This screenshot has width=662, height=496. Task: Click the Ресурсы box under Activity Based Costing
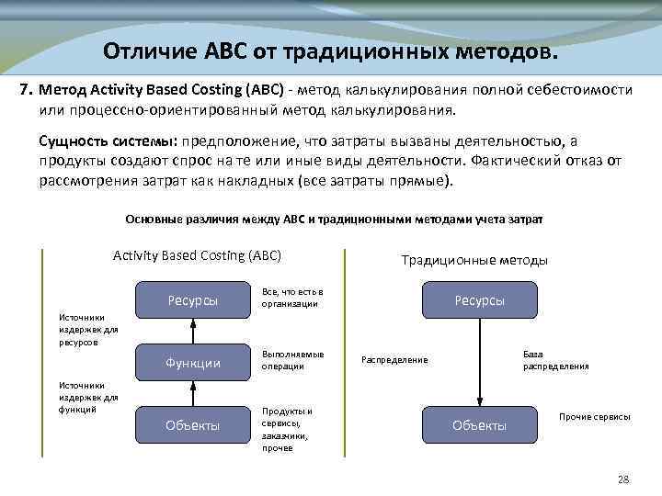192,300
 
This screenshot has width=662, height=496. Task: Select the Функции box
192,363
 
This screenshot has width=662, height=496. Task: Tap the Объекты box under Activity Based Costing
192,424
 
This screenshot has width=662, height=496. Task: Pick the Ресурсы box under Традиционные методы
479,300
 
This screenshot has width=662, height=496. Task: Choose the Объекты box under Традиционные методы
479,424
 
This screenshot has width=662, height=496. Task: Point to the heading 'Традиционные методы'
474,260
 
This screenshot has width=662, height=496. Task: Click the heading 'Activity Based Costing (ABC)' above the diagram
197,255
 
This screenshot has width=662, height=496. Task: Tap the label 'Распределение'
394,359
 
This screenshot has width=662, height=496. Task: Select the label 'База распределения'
555,359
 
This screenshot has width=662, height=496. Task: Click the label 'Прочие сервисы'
594,416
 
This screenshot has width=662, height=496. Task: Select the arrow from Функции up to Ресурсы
192,331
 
